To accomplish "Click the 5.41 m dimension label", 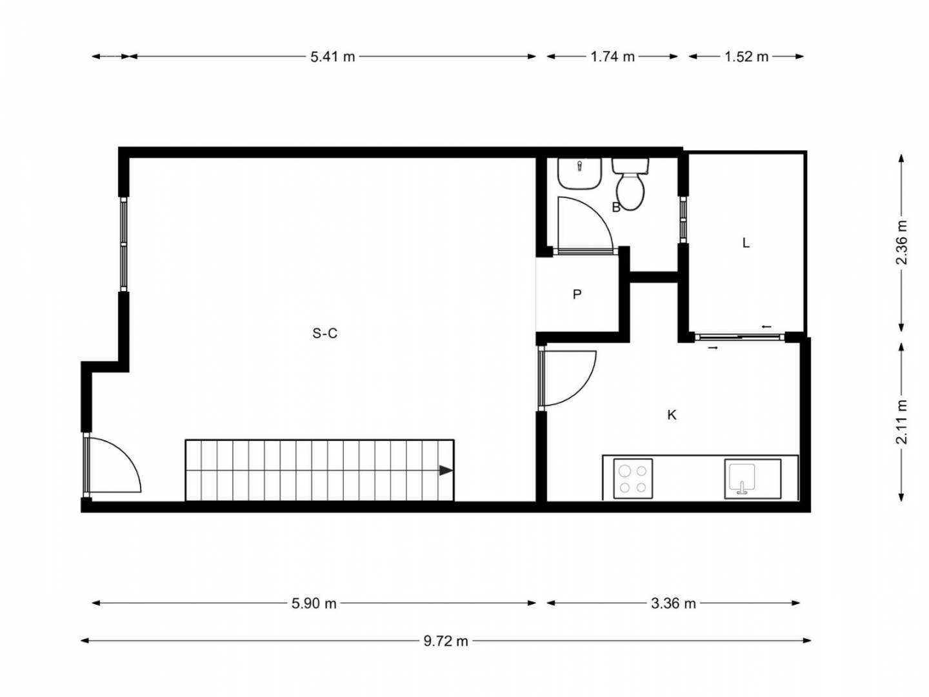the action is point(333,57).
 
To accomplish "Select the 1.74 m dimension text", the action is point(612,57).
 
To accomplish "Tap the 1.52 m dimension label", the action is point(746,57).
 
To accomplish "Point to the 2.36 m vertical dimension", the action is point(901,243).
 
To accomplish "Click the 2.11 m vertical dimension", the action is point(901,421).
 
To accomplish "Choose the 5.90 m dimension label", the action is point(314,603).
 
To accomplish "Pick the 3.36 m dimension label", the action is point(674,603).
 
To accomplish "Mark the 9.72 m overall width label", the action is point(446,641).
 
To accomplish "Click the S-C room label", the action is point(325,334).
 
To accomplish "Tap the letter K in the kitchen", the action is point(672,415).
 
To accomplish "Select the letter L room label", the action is point(746,243).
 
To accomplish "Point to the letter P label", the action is point(577,294).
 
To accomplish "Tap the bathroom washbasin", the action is point(579,174).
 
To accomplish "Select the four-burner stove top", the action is point(633,479).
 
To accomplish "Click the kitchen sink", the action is point(752,479).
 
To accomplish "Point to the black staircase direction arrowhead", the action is point(446,470).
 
